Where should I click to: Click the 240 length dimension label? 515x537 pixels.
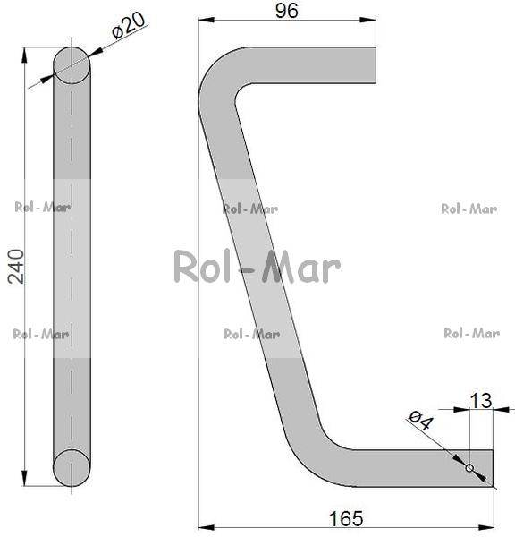tap(16, 267)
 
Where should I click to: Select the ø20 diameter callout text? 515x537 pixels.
tap(129, 26)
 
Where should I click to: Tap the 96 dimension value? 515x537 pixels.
tap(287, 11)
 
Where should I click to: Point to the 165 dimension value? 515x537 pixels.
tap(346, 518)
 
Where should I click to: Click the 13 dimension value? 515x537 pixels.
tap(481, 401)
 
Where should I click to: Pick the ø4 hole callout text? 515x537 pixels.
tap(421, 421)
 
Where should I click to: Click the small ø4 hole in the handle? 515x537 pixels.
tap(469, 468)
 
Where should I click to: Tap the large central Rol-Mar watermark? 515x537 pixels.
tap(257, 267)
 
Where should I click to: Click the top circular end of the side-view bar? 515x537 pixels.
tap(72, 65)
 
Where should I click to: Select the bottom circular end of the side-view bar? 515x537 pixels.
tap(72, 468)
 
